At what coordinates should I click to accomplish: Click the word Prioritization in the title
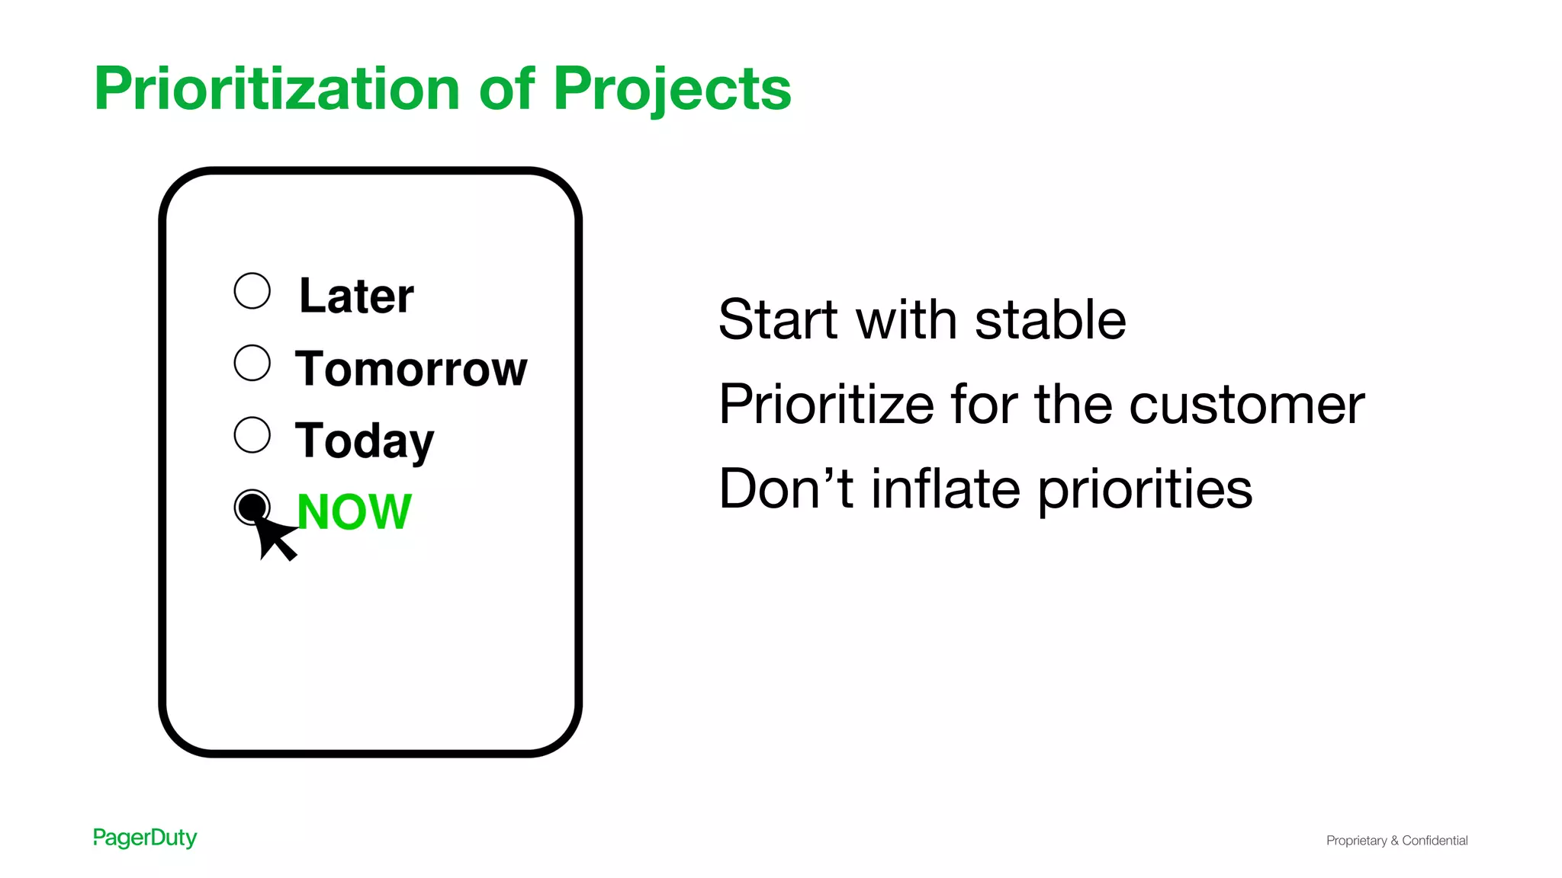[x=276, y=89]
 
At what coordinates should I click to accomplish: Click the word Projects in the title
[x=672, y=89]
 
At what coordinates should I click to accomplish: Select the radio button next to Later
[x=252, y=290]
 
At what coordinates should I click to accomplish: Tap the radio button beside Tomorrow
[x=252, y=363]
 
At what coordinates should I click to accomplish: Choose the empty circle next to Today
[x=252, y=434]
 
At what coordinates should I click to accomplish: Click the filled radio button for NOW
[x=251, y=506]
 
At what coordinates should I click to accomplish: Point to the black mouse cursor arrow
[x=275, y=537]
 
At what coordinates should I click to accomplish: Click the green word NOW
[x=354, y=511]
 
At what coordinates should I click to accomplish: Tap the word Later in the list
[x=356, y=296]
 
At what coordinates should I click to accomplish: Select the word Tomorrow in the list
[x=410, y=369]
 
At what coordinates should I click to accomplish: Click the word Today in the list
[x=364, y=441]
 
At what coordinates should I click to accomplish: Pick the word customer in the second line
[x=1246, y=404]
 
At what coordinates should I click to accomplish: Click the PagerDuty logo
[x=145, y=838]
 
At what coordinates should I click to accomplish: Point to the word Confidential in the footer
[x=1435, y=840]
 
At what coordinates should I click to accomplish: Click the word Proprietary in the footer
[x=1356, y=841]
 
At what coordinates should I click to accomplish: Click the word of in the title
[x=507, y=89]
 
